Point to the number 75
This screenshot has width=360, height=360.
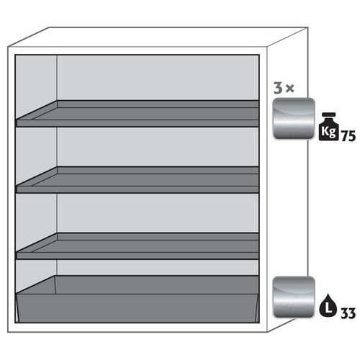tap(348, 135)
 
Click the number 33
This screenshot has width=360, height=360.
tap(348, 313)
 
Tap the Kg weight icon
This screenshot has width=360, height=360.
tap(328, 127)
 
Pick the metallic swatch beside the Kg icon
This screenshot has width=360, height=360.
tap(293, 119)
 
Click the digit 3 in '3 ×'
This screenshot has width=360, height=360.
tap(277, 89)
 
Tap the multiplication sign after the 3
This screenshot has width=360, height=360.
tap(290, 89)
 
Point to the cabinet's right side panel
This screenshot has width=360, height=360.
tap(288, 202)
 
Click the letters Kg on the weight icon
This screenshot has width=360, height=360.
tap(328, 131)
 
